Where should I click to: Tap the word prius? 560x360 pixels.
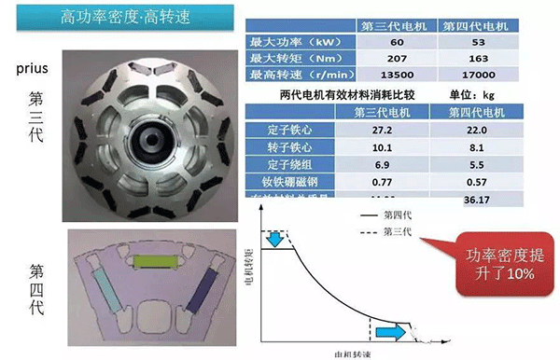click(33, 70)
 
